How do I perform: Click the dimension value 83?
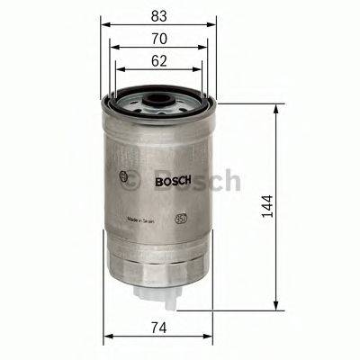[x=158, y=15]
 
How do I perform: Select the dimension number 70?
[x=158, y=40]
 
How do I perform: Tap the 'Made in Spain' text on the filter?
[x=146, y=218]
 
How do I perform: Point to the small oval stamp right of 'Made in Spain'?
[x=182, y=218]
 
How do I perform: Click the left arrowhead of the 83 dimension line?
[x=102, y=25]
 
